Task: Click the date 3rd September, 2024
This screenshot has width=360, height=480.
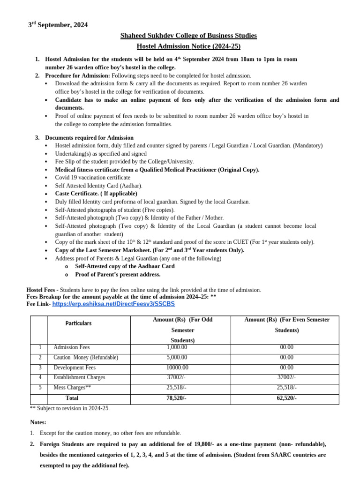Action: pyautogui.click(x=58, y=25)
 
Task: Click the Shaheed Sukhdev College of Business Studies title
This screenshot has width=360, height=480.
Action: pyautogui.click(x=188, y=36)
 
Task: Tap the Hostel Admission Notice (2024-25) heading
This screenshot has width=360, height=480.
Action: pyautogui.click(x=188, y=46)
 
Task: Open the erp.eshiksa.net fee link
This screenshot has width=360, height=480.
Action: pyautogui.click(x=113, y=304)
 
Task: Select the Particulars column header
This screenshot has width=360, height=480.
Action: pyautogui.click(x=78, y=323)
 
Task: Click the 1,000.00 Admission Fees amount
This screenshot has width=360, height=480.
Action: pyautogui.click(x=177, y=347)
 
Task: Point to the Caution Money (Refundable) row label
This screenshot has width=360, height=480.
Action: pyautogui.click(x=86, y=358)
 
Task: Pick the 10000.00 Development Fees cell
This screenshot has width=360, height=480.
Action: pyautogui.click(x=177, y=368)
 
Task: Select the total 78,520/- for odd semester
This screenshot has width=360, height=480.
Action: pyautogui.click(x=177, y=398)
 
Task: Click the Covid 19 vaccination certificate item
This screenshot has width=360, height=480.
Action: pyautogui.click(x=93, y=178)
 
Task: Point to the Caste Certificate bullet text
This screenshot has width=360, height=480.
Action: pyautogui.click(x=96, y=194)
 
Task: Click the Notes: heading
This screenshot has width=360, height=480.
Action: pyautogui.click(x=38, y=422)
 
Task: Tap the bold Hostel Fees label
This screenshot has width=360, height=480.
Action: pyautogui.click(x=42, y=290)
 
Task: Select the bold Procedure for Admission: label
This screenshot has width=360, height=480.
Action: pyautogui.click(x=77, y=75)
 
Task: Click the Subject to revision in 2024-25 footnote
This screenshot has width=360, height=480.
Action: pyautogui.click(x=70, y=408)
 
